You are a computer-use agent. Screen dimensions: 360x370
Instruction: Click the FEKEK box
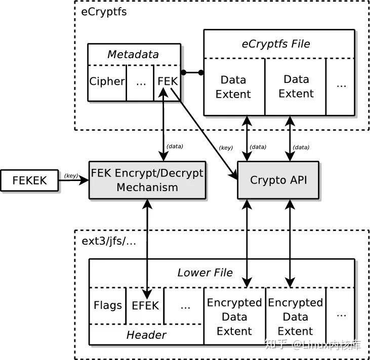[x=29, y=181]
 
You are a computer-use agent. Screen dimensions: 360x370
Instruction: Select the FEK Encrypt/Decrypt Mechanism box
[x=147, y=180]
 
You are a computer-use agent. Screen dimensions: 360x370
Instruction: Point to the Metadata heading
[x=134, y=54]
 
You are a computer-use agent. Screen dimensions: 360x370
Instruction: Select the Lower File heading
[x=205, y=273]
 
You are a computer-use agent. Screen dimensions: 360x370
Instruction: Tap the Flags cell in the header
[x=107, y=305]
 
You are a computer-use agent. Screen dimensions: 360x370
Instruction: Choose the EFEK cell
[x=145, y=305]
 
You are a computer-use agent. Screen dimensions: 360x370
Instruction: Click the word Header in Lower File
[x=146, y=334]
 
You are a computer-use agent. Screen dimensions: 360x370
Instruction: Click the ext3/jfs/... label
[x=108, y=241]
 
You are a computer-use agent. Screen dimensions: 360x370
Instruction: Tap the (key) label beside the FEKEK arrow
[x=70, y=176]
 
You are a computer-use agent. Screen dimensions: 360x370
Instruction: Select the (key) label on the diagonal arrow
[x=225, y=148]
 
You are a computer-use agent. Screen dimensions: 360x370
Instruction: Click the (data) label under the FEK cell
[x=175, y=146]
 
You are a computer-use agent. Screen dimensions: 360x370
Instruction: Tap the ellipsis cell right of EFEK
[x=184, y=305]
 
